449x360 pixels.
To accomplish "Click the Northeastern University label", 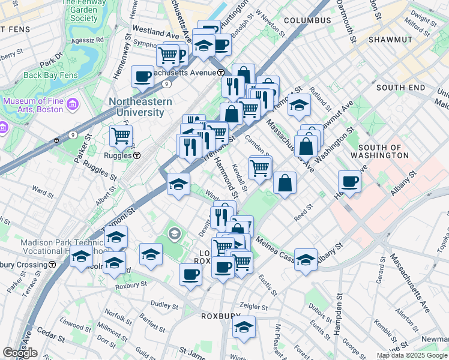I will pyautogui.click(x=140, y=107).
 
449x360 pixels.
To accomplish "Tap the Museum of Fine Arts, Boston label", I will pyautogui.click(x=33, y=105).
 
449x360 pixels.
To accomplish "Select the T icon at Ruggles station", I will pyautogui.click(x=137, y=155).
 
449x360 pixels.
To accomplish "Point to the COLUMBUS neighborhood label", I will pyautogui.click(x=307, y=20).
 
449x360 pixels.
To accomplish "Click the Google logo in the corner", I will pyautogui.click(x=20, y=353).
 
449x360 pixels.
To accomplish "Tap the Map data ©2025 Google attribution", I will pyautogui.click(x=412, y=355).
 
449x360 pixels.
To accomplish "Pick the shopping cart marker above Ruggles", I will pyautogui.click(x=121, y=136).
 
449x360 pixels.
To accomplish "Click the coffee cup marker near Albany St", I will pyautogui.click(x=349, y=181).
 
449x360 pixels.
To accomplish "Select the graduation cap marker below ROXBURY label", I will pyautogui.click(x=244, y=327).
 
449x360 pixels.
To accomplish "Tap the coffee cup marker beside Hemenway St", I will pyautogui.click(x=143, y=76).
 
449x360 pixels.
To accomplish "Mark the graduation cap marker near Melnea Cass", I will pyautogui.click(x=306, y=259).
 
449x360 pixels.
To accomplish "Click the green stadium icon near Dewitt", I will pyautogui.click(x=174, y=233).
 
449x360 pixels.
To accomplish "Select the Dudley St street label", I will pyautogui.click(x=161, y=304).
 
